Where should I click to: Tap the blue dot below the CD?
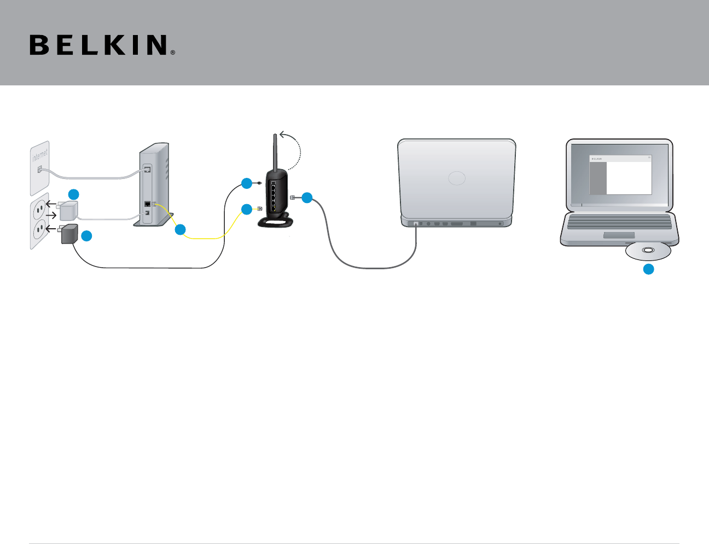648,269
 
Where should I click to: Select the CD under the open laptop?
648,251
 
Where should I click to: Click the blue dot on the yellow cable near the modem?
180,230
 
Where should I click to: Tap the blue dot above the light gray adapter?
74,194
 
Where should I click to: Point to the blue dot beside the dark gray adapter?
86,236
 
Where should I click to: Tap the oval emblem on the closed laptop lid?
457,178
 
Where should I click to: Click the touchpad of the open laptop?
619,235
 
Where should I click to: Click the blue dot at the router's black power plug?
247,183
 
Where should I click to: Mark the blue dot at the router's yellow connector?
247,209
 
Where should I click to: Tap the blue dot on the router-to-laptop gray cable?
307,198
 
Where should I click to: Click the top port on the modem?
147,169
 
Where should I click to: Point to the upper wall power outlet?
39,206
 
